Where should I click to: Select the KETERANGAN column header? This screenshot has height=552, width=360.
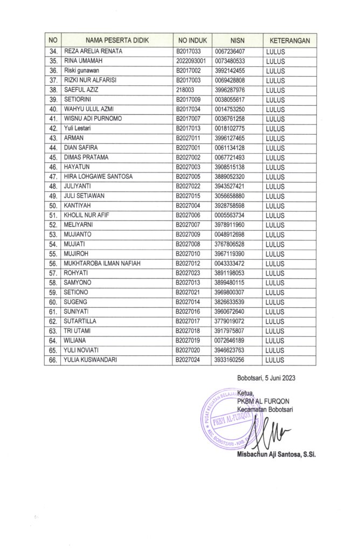click(289, 40)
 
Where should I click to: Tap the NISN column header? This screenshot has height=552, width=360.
click(237, 40)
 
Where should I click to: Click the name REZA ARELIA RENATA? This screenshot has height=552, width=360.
click(93, 51)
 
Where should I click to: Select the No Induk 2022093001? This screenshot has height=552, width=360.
click(191, 61)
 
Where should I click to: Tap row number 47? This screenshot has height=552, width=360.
click(53, 177)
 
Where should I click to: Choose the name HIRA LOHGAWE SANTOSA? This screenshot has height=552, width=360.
click(98, 177)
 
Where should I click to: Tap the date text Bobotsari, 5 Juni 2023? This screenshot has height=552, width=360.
click(266, 377)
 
